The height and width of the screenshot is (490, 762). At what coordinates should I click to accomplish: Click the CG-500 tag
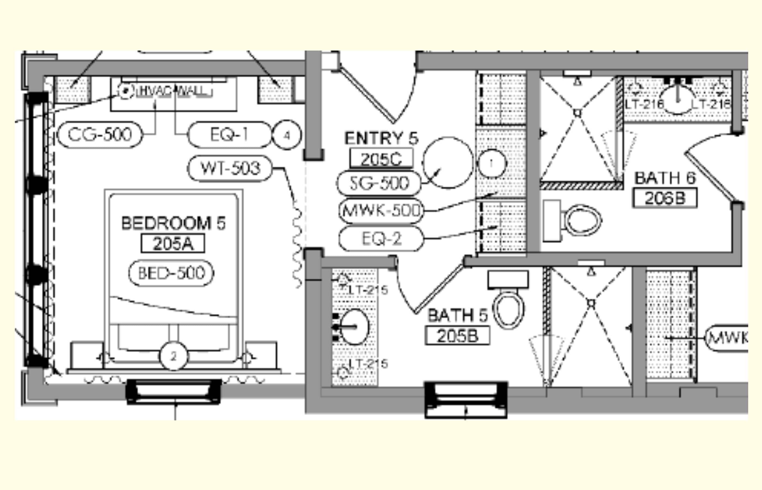click(x=100, y=134)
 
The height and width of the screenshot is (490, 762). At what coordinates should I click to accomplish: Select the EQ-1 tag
click(x=229, y=134)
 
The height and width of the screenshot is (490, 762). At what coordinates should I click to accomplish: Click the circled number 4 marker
click(x=287, y=135)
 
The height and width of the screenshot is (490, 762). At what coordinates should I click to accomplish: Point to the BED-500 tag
click(x=171, y=273)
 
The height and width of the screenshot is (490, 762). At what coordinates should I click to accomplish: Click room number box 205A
click(x=173, y=244)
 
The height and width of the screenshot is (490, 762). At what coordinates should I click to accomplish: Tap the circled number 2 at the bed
click(x=173, y=356)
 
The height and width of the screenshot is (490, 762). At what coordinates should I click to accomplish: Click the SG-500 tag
click(x=379, y=183)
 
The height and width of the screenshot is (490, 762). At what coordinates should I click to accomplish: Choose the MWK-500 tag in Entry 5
click(x=381, y=210)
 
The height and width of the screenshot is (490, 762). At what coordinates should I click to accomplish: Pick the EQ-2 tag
click(x=381, y=238)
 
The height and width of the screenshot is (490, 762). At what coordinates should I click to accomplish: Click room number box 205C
click(x=381, y=158)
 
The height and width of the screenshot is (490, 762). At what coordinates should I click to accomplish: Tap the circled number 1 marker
click(x=492, y=163)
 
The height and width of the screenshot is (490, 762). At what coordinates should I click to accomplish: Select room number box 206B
click(x=665, y=198)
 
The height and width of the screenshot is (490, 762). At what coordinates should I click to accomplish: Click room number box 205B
click(x=457, y=336)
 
